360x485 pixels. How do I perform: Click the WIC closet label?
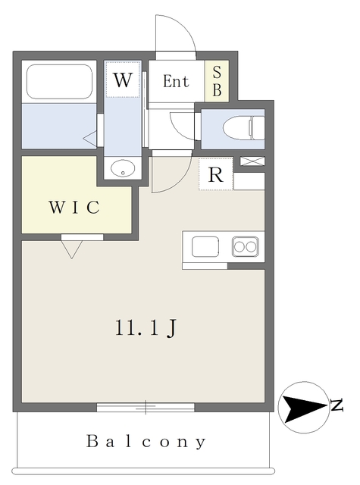click(x=74, y=208)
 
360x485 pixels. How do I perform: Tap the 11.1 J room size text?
click(x=146, y=328)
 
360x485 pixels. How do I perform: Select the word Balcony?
click(x=146, y=441)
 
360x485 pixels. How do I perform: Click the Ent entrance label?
click(x=176, y=81)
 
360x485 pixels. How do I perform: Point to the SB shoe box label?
click(x=217, y=80)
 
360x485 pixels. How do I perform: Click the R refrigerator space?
click(x=216, y=174)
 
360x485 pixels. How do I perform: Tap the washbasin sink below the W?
click(x=122, y=168)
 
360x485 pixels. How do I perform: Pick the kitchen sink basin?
click(x=205, y=247)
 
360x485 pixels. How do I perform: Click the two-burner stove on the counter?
click(x=246, y=246)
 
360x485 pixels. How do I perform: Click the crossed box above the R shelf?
click(x=252, y=161)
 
